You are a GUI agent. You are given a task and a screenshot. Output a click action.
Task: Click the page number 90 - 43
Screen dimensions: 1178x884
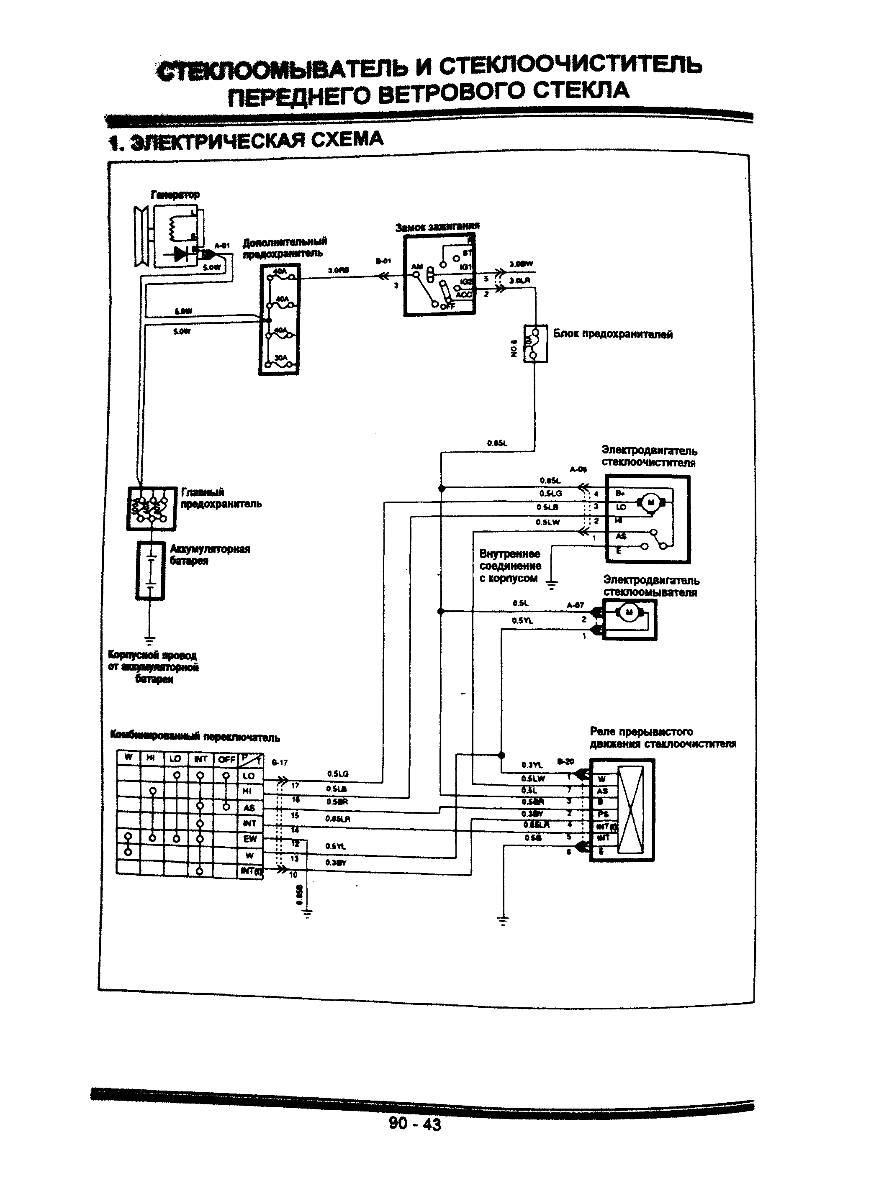pyautogui.click(x=414, y=1123)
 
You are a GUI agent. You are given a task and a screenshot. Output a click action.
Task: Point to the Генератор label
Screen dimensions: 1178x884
pyautogui.click(x=175, y=195)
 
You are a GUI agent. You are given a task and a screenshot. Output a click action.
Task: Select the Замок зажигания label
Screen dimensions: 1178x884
pyautogui.click(x=437, y=227)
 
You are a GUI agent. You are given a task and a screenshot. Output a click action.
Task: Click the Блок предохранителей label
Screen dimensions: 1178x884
pyautogui.click(x=612, y=334)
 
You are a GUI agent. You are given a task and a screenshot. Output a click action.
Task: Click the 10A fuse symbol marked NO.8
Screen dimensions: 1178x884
pyautogui.click(x=535, y=343)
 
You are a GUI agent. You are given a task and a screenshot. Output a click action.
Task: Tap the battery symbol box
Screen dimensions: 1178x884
pyautogui.click(x=150, y=570)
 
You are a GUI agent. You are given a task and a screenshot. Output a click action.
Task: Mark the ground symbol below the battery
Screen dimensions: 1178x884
pyautogui.click(x=150, y=640)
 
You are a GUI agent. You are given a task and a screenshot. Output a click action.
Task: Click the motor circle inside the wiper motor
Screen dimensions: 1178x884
pyautogui.click(x=650, y=502)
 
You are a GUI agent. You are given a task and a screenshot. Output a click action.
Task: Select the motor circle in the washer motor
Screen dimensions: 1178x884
pyautogui.click(x=628, y=613)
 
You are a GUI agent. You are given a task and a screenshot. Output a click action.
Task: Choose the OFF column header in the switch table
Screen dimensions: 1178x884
pyautogui.click(x=226, y=759)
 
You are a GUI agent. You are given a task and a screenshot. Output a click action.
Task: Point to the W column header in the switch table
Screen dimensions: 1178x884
pyautogui.click(x=128, y=757)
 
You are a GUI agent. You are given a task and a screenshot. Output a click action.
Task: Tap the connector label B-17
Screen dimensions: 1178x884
pyautogui.click(x=280, y=763)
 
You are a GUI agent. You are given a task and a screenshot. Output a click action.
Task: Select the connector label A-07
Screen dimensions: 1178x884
pyautogui.click(x=575, y=605)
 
